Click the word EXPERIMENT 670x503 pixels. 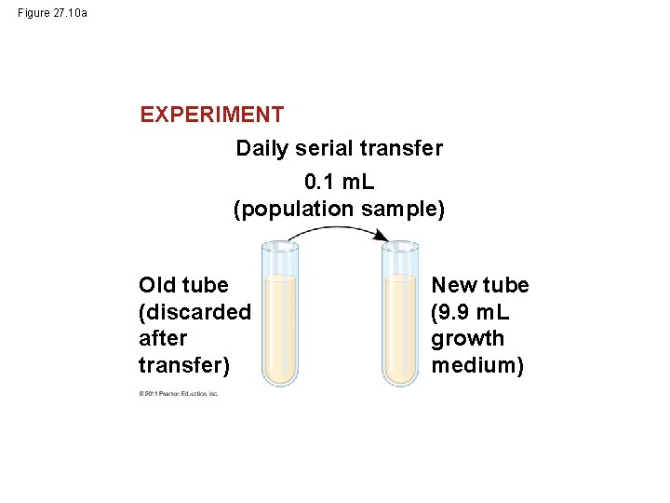pos(211,115)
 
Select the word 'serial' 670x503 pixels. pos(323,148)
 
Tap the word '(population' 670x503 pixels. pos(288,210)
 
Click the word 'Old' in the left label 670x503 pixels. pos(158,284)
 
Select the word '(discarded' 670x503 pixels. pos(194,311)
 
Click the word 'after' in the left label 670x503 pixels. pos(162,338)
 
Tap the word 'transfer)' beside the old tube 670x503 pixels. pos(183,365)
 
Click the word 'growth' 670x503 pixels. pos(468,338)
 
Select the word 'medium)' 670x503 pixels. pos(477,365)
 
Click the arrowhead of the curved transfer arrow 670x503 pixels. pos(382,238)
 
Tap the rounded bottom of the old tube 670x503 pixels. pos(279,377)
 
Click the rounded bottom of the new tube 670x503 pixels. pos(401,377)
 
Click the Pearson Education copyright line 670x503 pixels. pos(179,394)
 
